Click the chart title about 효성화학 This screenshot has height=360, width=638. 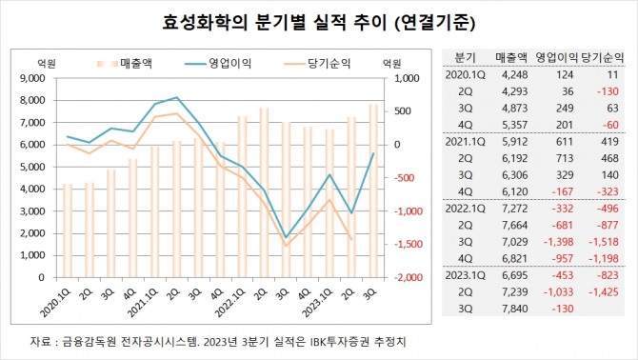[x=317, y=21]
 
